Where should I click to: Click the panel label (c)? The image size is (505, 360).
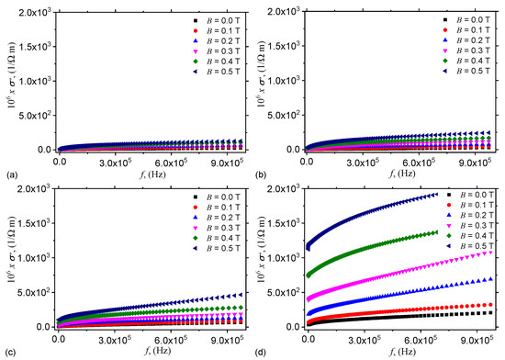(8, 353)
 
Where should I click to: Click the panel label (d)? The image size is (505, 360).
(261, 353)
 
